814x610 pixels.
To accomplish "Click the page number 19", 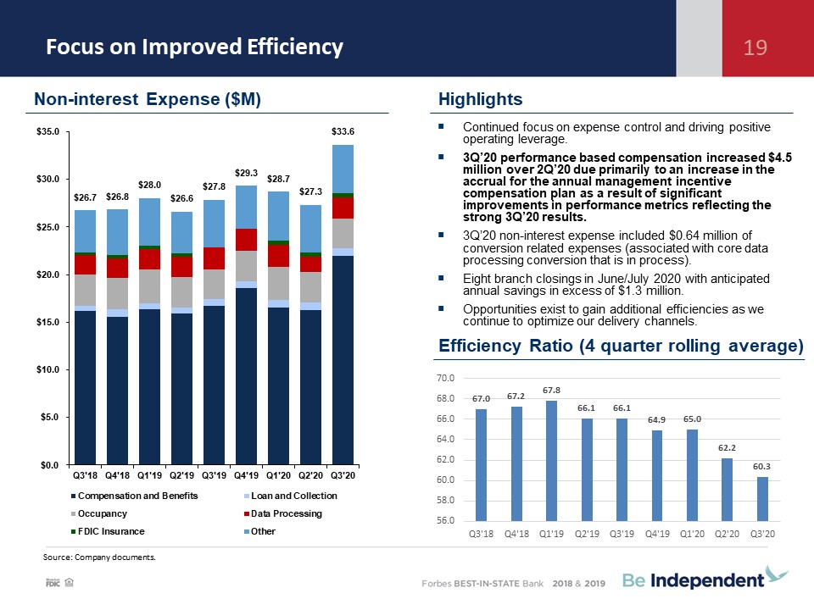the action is click(755, 47).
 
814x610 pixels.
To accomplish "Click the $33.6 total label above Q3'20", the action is click(343, 131).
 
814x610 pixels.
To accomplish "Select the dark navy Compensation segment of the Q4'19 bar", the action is click(246, 376).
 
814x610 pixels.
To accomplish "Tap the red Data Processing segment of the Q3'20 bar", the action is click(343, 208).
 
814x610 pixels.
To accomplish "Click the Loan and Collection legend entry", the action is click(291, 496).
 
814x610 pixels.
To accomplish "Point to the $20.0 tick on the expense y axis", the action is click(47, 274).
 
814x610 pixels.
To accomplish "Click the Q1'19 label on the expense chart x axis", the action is click(149, 475).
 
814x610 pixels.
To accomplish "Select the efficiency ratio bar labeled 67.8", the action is click(551, 461).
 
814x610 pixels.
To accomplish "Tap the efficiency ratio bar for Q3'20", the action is click(762, 499).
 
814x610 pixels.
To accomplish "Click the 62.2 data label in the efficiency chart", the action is click(727, 447).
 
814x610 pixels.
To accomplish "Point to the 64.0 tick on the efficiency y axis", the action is click(445, 439).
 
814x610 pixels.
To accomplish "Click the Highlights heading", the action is click(480, 99).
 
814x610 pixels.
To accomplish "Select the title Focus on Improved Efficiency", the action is click(195, 47).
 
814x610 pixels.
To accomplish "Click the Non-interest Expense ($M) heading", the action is click(148, 99).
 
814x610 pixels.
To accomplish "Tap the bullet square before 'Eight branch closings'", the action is click(441, 278).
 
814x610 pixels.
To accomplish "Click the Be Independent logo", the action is click(705, 579).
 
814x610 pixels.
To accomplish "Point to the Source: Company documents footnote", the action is click(99, 557).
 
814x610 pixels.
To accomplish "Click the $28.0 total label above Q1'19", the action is click(149, 185).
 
